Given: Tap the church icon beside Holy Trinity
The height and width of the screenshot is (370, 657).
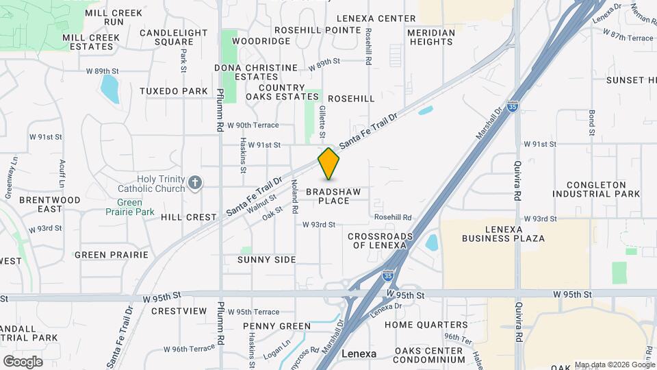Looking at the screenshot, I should pyautogui.click(x=196, y=182).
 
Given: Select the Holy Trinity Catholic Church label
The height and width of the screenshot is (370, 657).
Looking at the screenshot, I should pyautogui.click(x=161, y=184).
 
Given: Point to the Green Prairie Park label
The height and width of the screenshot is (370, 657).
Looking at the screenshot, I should pyautogui.click(x=135, y=207).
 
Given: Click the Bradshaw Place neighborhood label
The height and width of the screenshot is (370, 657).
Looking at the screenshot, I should pyautogui.click(x=333, y=196).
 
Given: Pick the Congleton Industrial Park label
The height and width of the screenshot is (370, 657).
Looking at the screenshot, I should pyautogui.click(x=604, y=189).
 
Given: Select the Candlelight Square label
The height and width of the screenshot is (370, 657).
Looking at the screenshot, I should pyautogui.click(x=173, y=37).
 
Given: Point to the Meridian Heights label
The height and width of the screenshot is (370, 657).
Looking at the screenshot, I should pyautogui.click(x=431, y=37).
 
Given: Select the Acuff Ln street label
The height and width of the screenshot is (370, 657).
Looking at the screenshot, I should pyautogui.click(x=62, y=175).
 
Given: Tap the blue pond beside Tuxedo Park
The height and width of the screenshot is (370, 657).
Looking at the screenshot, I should pyautogui.click(x=109, y=88).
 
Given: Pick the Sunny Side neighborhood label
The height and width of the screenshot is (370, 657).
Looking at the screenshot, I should pyautogui.click(x=266, y=260).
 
